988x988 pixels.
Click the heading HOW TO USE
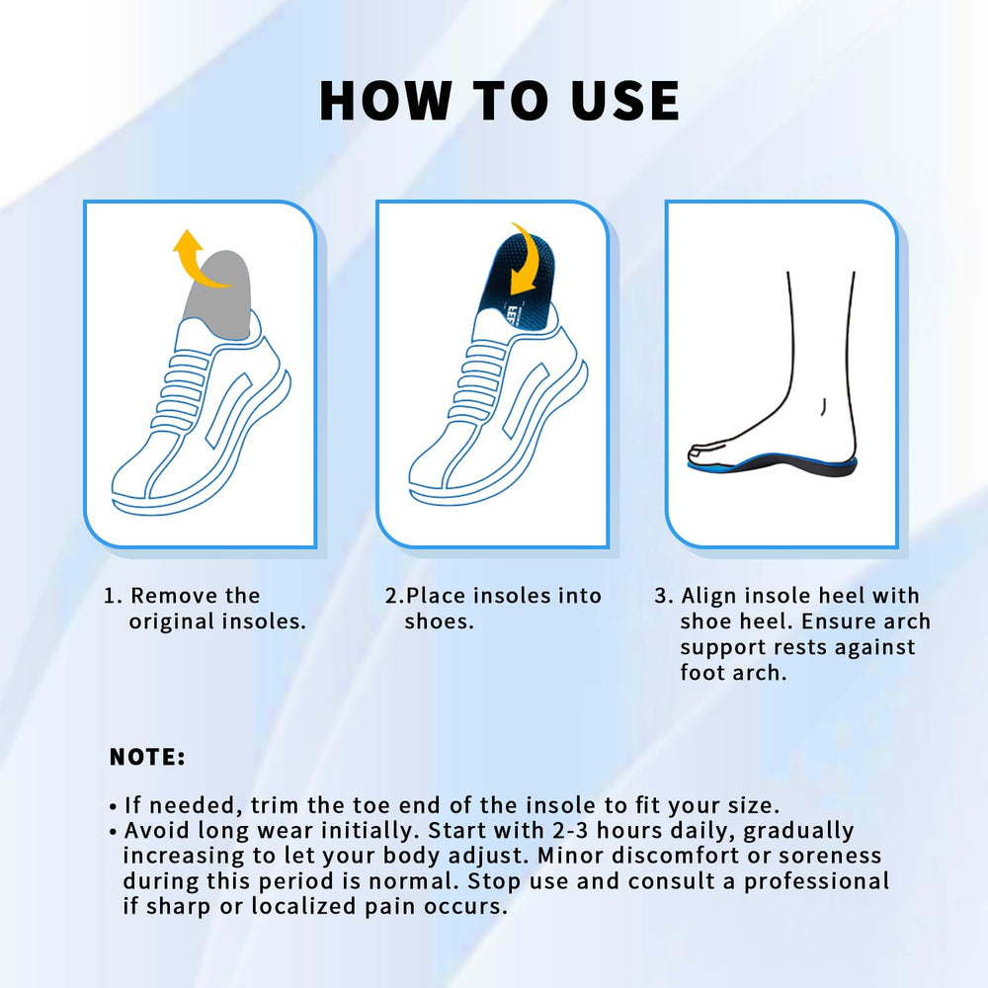point(499,100)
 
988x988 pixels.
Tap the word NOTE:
point(147,758)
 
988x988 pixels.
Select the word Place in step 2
point(437,596)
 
